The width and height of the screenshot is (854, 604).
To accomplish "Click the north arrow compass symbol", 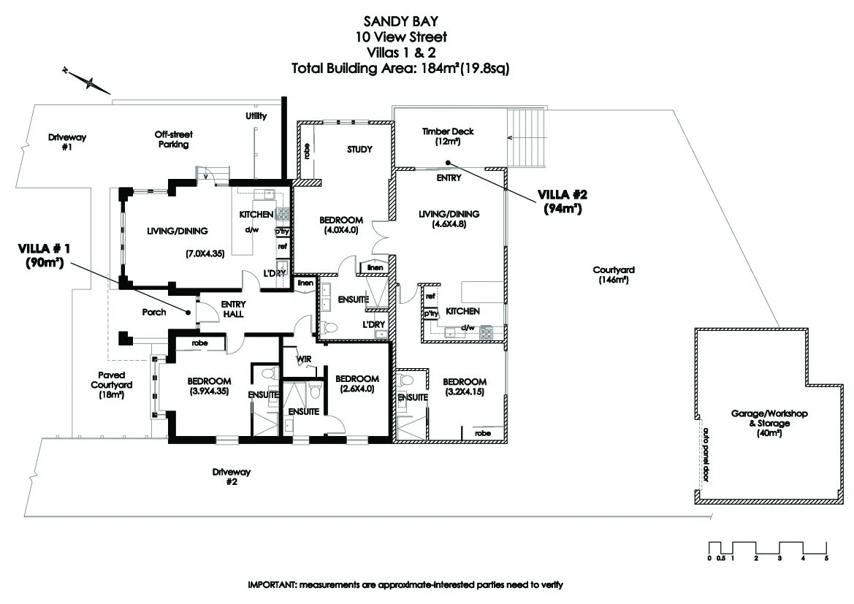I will [x=88, y=81].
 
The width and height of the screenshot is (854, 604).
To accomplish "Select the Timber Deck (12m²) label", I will [x=448, y=137].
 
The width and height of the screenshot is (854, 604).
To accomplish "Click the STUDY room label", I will [x=359, y=150].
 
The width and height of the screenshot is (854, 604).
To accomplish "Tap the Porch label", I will [x=154, y=313].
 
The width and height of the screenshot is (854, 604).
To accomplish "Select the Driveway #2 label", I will [x=226, y=477].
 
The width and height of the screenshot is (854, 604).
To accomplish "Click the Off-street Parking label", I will [x=172, y=139].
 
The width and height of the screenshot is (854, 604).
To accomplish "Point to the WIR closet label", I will [x=304, y=359].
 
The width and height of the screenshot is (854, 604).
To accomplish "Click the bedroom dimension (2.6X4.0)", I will [x=357, y=389].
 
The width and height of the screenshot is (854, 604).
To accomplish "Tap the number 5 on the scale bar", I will [x=826, y=559].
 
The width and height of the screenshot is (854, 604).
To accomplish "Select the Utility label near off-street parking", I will [x=256, y=116].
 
